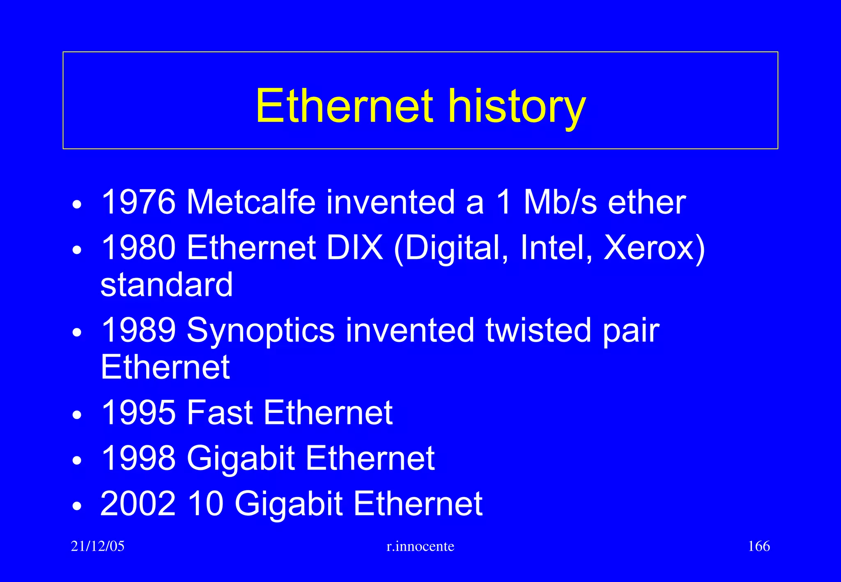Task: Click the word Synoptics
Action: tap(261, 331)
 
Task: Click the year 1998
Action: tap(138, 458)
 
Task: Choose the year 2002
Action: tap(138, 504)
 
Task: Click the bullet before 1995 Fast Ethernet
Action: tap(77, 415)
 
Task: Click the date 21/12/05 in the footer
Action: tap(97, 546)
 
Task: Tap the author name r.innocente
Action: tap(420, 546)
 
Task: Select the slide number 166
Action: tap(759, 546)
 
